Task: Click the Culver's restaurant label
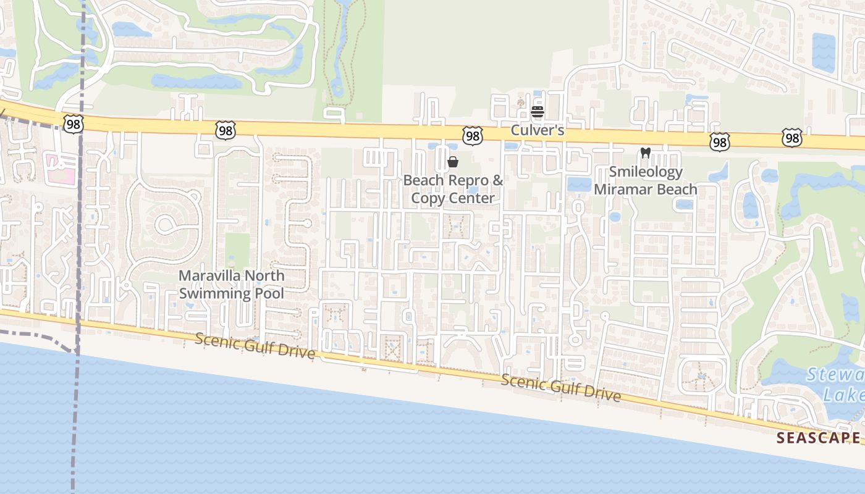tap(537, 131)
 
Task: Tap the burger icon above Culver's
tap(537, 112)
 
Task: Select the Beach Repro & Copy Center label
tap(453, 189)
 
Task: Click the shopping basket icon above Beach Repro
tap(453, 162)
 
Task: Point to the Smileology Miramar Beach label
tap(646, 180)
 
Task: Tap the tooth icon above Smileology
tap(646, 153)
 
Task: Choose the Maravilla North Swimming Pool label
tap(232, 284)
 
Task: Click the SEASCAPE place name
tap(818, 438)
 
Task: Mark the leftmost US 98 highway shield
tap(73, 124)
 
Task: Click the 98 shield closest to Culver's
tap(473, 136)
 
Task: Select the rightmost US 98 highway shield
tap(791, 138)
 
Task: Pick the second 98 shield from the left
tap(226, 130)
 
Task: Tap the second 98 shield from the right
tap(719, 142)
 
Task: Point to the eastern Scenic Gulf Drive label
tap(560, 387)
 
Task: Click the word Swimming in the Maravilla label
tap(214, 293)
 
